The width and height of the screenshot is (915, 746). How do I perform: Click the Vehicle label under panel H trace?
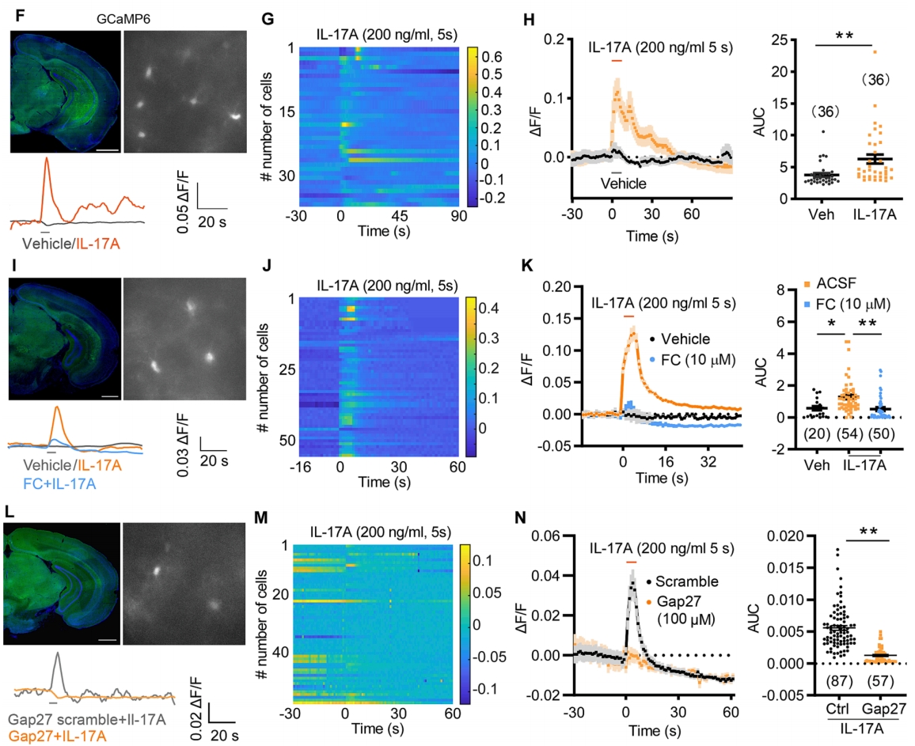tap(622, 183)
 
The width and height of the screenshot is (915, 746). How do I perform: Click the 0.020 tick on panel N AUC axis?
tap(758, 536)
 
